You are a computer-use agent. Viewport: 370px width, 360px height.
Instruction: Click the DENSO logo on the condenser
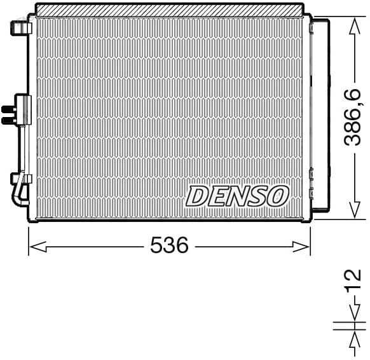(236, 196)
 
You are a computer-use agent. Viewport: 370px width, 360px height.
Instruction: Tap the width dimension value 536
(170, 245)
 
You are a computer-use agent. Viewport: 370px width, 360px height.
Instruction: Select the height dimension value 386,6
(353, 117)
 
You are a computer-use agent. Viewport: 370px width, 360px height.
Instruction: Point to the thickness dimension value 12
(354, 279)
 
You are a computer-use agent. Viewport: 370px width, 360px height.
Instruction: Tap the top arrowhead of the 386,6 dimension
(353, 23)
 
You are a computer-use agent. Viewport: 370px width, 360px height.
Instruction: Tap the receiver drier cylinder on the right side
(322, 114)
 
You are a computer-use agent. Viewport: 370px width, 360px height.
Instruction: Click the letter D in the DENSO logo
(196, 196)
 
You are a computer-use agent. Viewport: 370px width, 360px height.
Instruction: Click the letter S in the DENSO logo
(257, 196)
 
